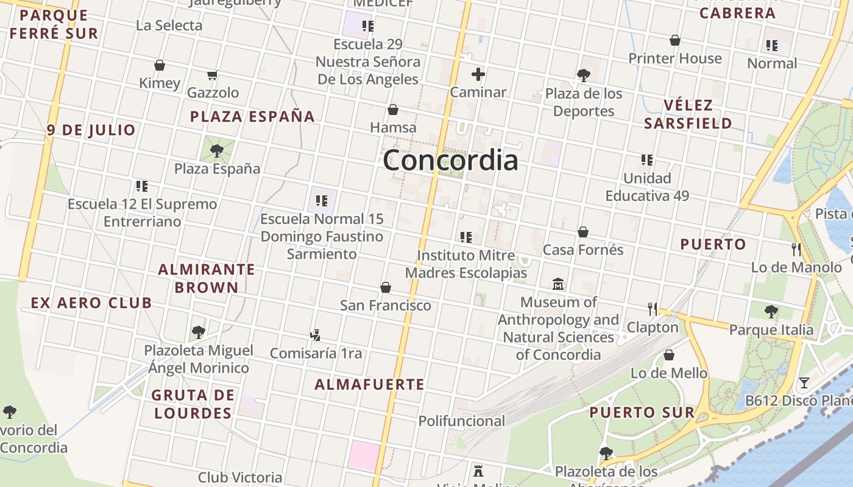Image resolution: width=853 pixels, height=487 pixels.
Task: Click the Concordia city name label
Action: pos(451,160)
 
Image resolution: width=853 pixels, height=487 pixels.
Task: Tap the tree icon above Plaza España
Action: pos(216,150)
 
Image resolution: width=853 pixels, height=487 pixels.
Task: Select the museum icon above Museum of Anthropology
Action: pos(558,284)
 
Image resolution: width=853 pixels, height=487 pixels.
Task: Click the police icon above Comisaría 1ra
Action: pos(315,335)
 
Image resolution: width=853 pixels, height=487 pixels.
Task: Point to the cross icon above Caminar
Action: pos(478,74)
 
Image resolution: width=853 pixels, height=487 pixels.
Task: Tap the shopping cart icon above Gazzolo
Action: pos(213,75)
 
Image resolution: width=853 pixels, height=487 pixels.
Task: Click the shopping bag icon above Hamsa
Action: pos(393,110)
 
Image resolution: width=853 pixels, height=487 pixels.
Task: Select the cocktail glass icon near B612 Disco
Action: pos(804,383)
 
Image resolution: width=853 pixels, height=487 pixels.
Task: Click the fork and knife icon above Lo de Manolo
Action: pos(796,249)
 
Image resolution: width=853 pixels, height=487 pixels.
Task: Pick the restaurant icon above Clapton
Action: pos(653,309)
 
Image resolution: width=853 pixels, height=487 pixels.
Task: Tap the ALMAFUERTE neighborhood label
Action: pos(369,384)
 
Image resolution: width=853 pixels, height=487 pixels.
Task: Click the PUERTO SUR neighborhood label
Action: pos(642,412)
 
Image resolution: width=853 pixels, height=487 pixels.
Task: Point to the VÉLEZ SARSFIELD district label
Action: pos(688,114)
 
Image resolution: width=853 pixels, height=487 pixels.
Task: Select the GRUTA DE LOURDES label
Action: pos(193,404)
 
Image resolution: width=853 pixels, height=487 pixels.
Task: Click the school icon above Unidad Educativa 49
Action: pos(647,160)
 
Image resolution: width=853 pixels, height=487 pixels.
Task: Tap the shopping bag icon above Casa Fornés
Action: pos(583,232)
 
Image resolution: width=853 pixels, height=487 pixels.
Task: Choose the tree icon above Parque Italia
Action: pos(771,312)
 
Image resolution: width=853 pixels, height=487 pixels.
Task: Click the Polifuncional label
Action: pos(461,421)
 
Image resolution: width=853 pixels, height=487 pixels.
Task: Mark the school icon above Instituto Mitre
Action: pos(466,237)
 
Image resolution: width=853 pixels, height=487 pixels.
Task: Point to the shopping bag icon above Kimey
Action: pos(160,65)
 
